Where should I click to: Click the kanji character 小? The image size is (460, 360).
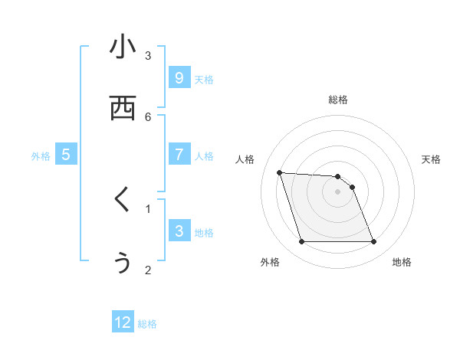123,47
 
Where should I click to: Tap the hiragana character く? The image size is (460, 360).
123,200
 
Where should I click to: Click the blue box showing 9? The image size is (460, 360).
179,77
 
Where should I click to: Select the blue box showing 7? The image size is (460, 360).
179,154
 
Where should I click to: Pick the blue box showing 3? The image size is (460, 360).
179,231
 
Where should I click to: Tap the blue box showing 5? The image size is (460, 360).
66,154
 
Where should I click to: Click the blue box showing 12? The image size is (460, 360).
123,322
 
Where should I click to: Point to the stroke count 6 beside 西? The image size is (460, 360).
148,116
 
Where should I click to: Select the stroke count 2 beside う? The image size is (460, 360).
148,270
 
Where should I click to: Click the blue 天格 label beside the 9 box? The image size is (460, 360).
204,80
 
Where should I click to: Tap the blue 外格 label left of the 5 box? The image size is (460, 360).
41,156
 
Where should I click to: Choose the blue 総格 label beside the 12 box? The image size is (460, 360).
147,325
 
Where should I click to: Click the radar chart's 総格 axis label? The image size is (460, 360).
338,100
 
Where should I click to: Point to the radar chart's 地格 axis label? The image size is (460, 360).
402,263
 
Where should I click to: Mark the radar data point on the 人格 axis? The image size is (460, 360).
279,172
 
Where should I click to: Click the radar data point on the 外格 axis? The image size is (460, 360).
301,242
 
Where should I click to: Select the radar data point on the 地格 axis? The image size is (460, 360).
374,242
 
